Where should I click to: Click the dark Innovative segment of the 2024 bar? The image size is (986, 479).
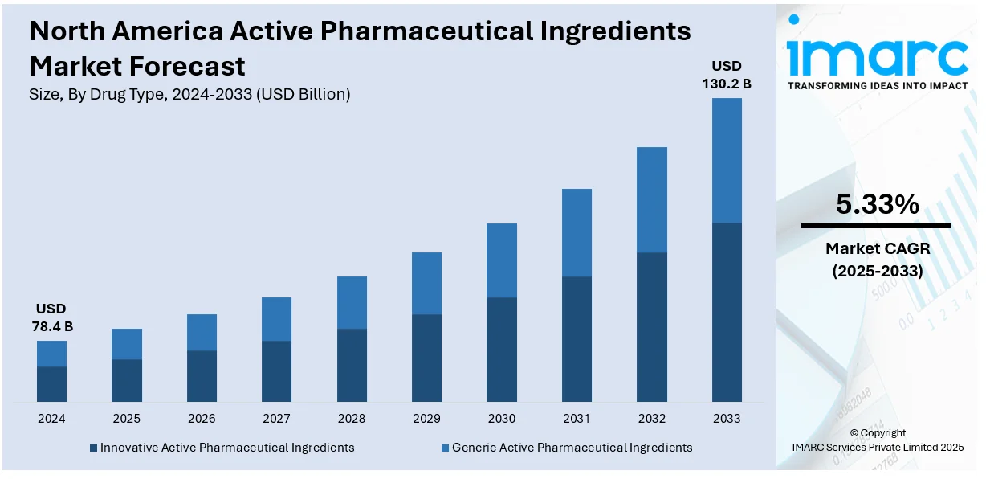[51, 384]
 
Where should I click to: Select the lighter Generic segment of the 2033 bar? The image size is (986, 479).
[727, 160]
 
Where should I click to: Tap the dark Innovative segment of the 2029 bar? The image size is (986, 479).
[426, 358]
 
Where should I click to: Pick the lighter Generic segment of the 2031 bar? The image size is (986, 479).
[577, 233]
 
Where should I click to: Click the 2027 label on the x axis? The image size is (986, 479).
[276, 419]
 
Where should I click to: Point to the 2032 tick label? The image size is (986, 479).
[652, 419]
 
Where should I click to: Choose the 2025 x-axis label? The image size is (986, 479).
[126, 419]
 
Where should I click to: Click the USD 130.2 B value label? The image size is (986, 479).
[727, 74]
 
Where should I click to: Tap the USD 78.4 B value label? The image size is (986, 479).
[51, 317]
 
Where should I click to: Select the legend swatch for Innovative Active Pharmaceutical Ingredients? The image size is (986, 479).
[93, 448]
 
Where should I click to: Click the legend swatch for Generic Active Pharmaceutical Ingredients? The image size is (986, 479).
[445, 448]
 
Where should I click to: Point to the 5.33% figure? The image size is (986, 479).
[877, 205]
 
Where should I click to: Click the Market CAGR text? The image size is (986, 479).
[877, 249]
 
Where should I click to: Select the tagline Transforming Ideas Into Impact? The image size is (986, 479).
[877, 85]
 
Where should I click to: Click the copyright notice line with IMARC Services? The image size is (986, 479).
[877, 448]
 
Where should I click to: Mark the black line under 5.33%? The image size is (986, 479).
[876, 226]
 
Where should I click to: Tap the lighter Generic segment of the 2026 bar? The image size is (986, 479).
[202, 332]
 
